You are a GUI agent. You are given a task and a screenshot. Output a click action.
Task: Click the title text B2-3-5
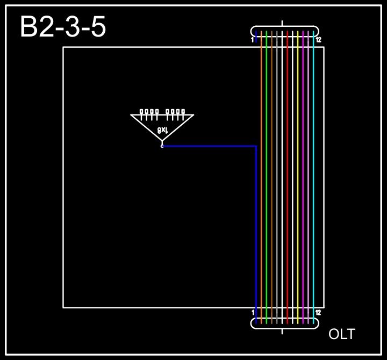click(63, 27)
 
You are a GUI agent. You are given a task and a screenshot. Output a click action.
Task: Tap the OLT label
click(342, 334)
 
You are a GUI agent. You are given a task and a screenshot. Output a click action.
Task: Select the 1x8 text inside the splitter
click(163, 129)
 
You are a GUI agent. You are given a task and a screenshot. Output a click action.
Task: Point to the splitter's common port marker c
click(162, 146)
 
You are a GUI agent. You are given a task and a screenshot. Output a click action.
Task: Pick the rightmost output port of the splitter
click(183, 112)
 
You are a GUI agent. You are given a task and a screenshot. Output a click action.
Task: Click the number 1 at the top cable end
click(252, 40)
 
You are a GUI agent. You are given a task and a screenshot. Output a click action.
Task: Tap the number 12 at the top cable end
click(318, 40)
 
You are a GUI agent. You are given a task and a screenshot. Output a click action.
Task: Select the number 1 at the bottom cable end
click(253, 312)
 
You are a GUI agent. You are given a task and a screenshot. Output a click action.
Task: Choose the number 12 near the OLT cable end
click(318, 312)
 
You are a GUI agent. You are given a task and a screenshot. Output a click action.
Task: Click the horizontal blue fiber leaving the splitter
click(210, 146)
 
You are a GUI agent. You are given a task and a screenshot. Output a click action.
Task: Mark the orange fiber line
click(261, 177)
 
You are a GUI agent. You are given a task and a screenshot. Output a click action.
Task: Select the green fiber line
click(267, 177)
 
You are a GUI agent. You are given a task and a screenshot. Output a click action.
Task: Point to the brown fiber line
click(272, 177)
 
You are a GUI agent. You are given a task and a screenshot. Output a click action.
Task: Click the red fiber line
click(288, 177)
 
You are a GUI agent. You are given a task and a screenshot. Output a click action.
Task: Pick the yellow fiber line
click(298, 177)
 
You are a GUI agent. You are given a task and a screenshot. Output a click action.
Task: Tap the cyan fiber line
click(313, 177)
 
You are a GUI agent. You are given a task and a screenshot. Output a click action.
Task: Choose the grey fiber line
click(277, 177)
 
